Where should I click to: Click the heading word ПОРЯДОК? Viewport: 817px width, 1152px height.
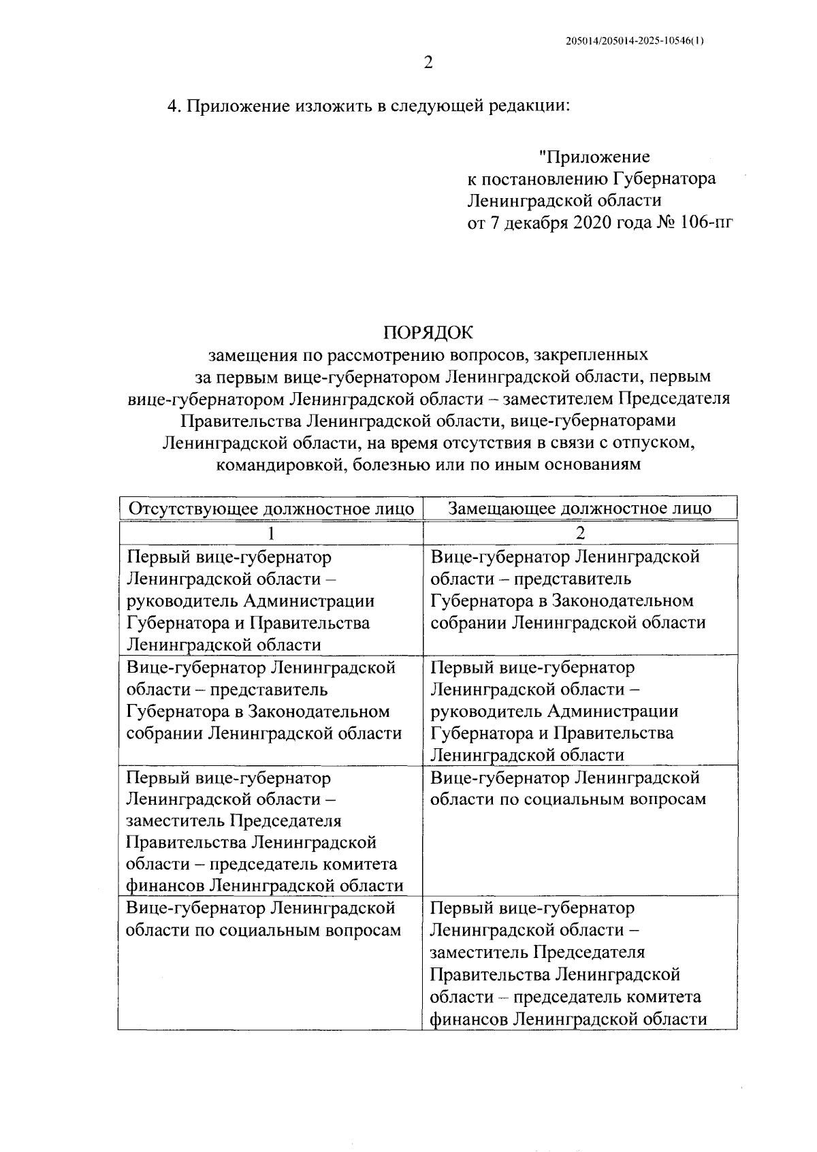click(x=428, y=332)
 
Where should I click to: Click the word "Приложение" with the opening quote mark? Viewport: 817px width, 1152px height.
click(x=594, y=157)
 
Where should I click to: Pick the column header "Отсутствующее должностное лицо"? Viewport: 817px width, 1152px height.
click(x=271, y=509)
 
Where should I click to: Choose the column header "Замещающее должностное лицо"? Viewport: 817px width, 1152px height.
click(x=579, y=509)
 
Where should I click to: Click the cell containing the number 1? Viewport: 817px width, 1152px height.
click(x=271, y=532)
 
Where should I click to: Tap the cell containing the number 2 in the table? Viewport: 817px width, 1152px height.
click(x=579, y=532)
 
